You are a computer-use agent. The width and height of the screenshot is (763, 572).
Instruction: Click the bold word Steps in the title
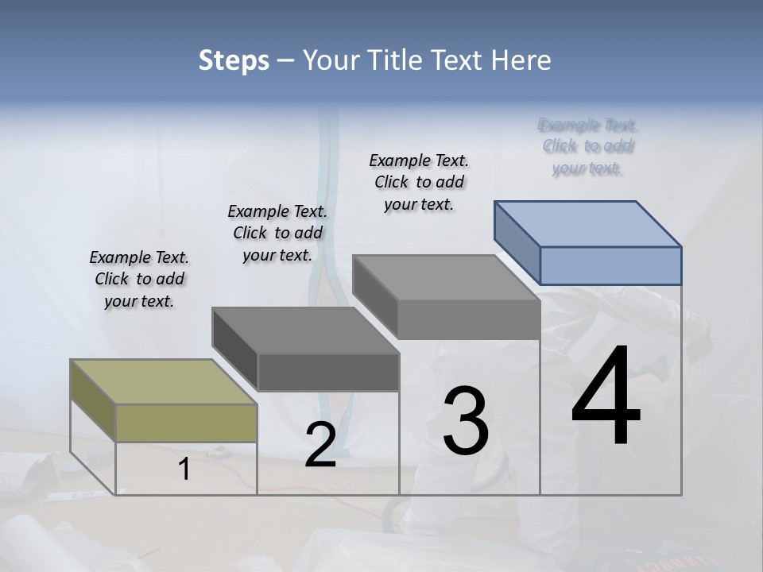(234, 60)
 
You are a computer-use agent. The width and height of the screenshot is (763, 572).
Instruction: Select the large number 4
(606, 396)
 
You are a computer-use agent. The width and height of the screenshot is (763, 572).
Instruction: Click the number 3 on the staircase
(465, 420)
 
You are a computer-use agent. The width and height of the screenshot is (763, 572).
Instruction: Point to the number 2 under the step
(320, 445)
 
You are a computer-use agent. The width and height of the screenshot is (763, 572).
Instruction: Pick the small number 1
(184, 470)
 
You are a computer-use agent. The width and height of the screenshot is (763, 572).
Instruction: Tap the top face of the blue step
(588, 223)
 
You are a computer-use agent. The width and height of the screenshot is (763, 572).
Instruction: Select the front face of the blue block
(610, 265)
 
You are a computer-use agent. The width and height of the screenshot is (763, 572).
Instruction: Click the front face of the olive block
(186, 422)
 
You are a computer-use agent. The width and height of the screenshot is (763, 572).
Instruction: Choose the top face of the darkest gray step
(305, 330)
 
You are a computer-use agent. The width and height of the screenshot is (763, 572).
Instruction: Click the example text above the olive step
(139, 279)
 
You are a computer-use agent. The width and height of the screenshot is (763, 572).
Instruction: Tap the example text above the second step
(277, 233)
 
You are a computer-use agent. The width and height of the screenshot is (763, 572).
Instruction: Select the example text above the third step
(419, 182)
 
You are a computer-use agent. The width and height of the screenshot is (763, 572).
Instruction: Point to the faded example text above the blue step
(588, 146)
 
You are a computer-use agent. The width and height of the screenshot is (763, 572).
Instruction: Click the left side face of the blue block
(517, 242)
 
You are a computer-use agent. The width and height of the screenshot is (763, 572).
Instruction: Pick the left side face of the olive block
(93, 400)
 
